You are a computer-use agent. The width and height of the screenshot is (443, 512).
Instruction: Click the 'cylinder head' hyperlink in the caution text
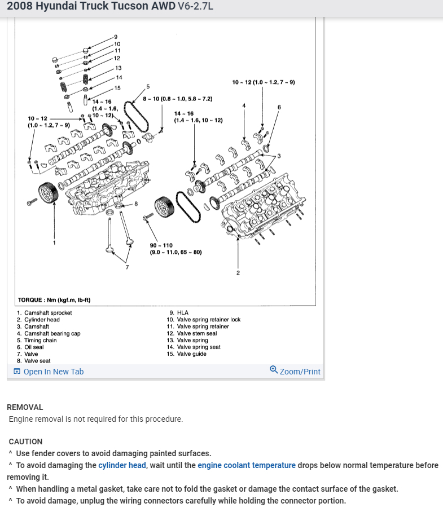(x=122, y=465)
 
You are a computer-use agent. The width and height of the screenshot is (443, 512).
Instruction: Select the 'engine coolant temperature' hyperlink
(x=246, y=465)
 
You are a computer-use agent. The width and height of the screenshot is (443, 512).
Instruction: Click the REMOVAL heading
(x=25, y=407)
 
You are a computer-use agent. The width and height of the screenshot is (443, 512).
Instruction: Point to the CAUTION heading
(x=25, y=442)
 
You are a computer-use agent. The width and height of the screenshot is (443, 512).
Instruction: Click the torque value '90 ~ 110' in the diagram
(x=161, y=245)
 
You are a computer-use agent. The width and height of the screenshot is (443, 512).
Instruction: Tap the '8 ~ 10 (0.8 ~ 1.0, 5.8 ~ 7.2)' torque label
(x=177, y=99)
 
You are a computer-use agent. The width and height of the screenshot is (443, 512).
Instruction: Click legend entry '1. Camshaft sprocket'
(x=45, y=313)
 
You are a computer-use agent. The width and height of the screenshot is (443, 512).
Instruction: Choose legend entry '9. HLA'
(x=179, y=313)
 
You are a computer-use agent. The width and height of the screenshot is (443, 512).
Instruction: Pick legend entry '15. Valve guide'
(x=187, y=354)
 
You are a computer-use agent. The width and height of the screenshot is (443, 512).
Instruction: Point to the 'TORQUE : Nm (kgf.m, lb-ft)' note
(x=54, y=300)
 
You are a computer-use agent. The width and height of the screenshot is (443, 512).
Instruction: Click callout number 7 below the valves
(x=127, y=267)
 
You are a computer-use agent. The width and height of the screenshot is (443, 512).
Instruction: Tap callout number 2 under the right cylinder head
(x=238, y=273)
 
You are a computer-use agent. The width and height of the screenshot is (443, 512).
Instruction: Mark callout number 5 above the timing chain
(x=148, y=86)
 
